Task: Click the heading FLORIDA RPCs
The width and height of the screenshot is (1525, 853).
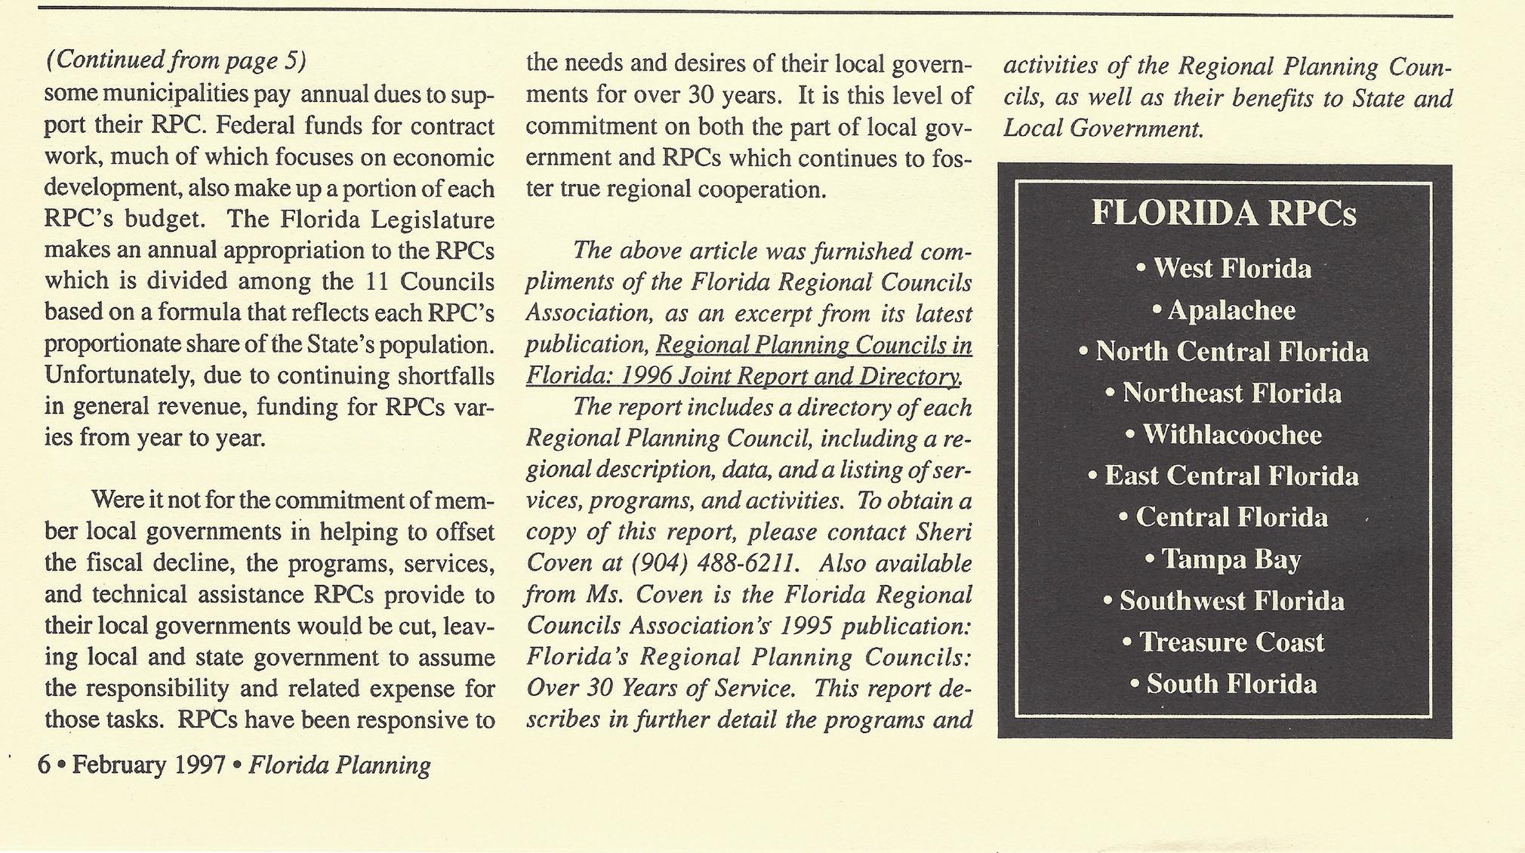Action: click(1223, 214)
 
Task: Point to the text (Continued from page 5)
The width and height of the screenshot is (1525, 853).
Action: click(176, 60)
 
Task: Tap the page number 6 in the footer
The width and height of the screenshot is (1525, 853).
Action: click(44, 765)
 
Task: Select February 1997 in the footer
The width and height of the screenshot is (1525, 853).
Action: click(149, 765)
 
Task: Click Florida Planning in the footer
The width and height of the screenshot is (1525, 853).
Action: click(339, 765)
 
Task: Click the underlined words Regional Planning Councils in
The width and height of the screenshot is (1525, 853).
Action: click(814, 345)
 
